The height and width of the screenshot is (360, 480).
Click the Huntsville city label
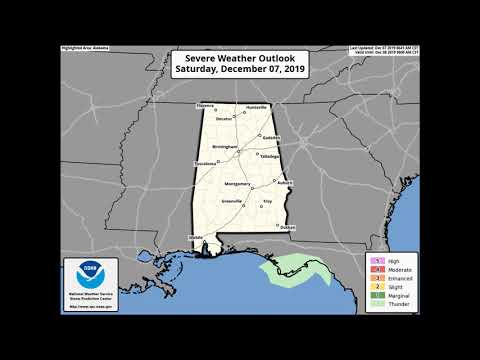(x=257, y=105)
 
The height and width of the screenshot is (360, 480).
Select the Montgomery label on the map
(x=237, y=185)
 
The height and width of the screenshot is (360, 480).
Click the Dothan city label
(x=288, y=228)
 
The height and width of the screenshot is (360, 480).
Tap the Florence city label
(x=206, y=105)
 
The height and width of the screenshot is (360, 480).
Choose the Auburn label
(x=284, y=183)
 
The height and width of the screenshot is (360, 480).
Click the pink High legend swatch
(x=370, y=259)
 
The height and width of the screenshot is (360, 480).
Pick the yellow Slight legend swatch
(x=370, y=285)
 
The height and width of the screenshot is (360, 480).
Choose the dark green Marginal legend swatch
(x=370, y=294)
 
